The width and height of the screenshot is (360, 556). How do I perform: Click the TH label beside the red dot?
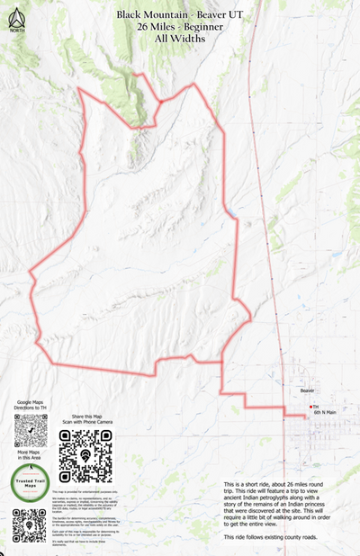point(316,408)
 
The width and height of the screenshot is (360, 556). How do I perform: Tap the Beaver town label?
point(308,392)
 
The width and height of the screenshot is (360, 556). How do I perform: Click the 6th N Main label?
point(325,413)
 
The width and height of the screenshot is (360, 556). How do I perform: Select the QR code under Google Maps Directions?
point(31,432)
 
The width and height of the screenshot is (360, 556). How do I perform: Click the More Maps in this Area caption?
point(31,458)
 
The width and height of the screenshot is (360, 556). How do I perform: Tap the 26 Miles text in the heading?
point(158,28)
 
